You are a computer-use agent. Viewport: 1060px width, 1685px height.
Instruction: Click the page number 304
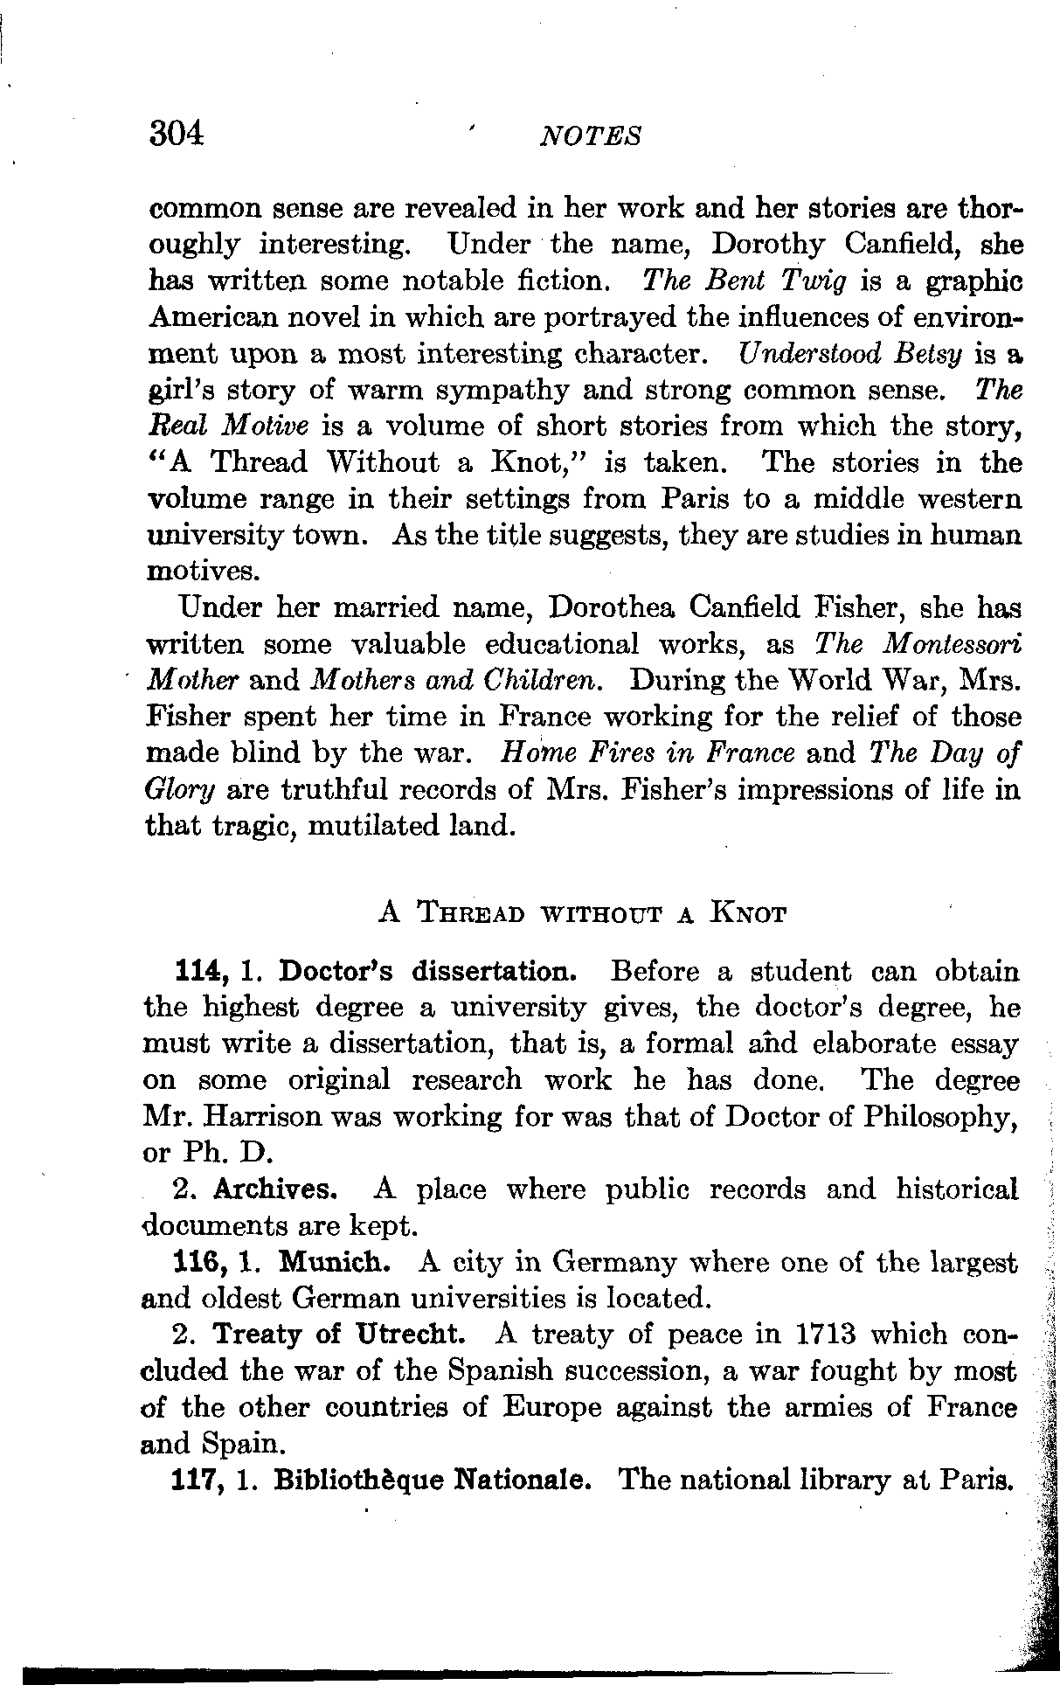[x=177, y=134]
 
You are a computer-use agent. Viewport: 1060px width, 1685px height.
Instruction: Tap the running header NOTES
[x=592, y=136]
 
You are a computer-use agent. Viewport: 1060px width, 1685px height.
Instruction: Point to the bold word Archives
[x=274, y=1189]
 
